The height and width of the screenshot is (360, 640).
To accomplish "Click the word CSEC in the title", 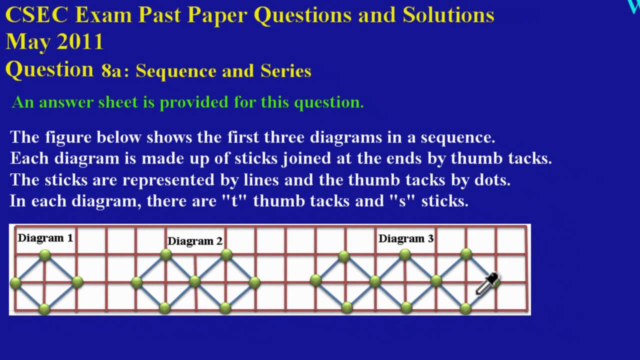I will point(36,15).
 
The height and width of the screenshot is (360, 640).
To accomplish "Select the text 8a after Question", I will point(111,70).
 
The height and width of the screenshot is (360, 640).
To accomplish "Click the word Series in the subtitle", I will point(286,71).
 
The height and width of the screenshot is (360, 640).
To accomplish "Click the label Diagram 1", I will point(45,238).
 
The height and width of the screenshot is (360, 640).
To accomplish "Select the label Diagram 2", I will point(194,241).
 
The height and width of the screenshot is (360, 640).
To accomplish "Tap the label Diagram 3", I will point(405,238).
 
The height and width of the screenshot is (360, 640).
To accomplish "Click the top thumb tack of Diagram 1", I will point(45,255).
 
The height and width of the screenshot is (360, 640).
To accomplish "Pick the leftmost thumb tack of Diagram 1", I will point(15,283).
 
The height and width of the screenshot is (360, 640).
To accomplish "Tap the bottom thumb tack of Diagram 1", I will point(44,308).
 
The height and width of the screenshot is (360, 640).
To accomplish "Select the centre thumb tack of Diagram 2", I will point(195,282).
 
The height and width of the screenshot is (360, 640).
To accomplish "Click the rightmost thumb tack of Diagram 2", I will point(254,282).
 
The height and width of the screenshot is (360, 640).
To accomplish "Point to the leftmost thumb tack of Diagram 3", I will point(315,280).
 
